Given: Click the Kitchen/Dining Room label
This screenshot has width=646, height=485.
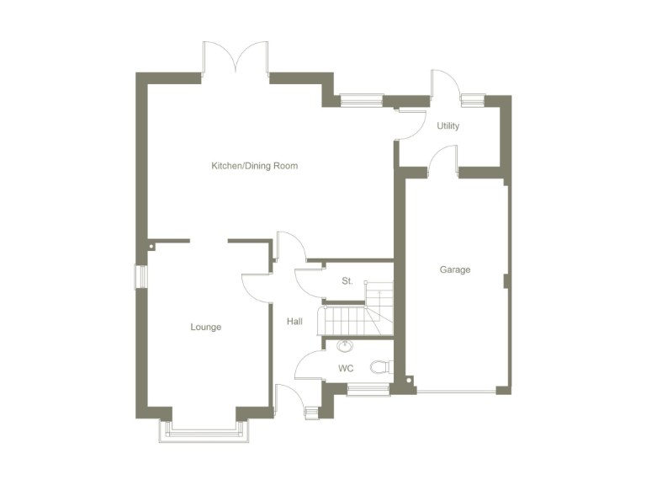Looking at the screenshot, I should [x=254, y=166].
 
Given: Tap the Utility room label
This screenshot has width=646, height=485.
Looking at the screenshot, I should [x=447, y=126].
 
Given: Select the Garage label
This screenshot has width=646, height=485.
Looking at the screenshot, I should [x=455, y=270].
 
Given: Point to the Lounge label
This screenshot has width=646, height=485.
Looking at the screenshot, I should [x=205, y=327].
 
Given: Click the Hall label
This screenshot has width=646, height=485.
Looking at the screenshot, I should [x=294, y=322].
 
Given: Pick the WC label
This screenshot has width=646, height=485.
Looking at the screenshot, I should [x=346, y=368].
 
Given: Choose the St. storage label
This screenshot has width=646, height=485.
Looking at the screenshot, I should [x=347, y=280].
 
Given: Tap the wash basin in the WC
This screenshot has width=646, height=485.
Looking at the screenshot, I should [x=345, y=346].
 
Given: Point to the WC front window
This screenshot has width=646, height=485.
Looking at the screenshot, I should [x=368, y=389].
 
